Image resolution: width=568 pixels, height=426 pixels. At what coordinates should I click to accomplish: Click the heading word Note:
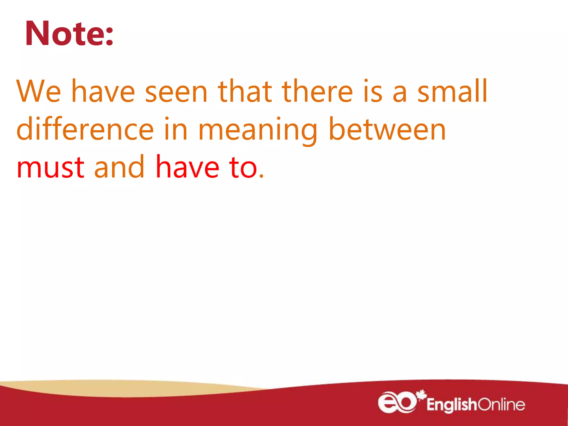click(69, 34)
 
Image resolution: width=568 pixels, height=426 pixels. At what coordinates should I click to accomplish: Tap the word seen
click(176, 92)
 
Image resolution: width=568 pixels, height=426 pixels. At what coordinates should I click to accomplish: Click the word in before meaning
click(176, 129)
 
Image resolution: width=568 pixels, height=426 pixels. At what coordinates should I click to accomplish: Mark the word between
click(387, 129)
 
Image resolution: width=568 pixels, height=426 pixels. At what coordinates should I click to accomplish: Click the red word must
click(50, 167)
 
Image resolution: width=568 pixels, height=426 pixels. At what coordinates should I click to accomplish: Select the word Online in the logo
click(501, 404)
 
